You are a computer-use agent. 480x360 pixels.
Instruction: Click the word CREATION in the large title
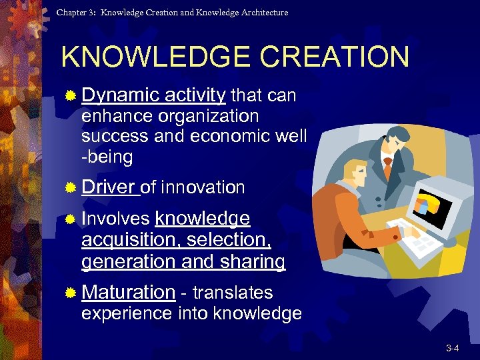(335, 57)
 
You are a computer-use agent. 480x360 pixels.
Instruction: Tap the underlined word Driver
(109, 187)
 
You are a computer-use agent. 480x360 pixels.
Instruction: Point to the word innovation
(203, 187)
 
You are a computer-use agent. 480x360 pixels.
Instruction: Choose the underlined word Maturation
(128, 292)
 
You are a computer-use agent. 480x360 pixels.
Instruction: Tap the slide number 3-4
(453, 348)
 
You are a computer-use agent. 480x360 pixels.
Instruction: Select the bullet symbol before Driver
(70, 188)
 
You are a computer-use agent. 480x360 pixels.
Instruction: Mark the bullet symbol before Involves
(70, 219)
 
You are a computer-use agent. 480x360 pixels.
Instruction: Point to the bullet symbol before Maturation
(70, 293)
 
